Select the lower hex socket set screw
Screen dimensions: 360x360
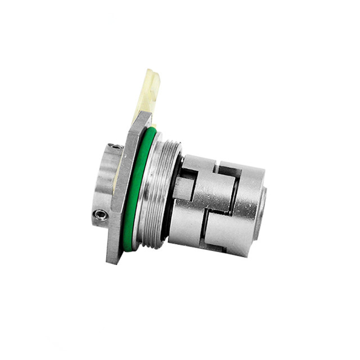(100, 214)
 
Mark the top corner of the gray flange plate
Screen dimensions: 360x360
(144, 117)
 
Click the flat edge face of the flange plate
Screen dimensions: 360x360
(120, 192)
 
